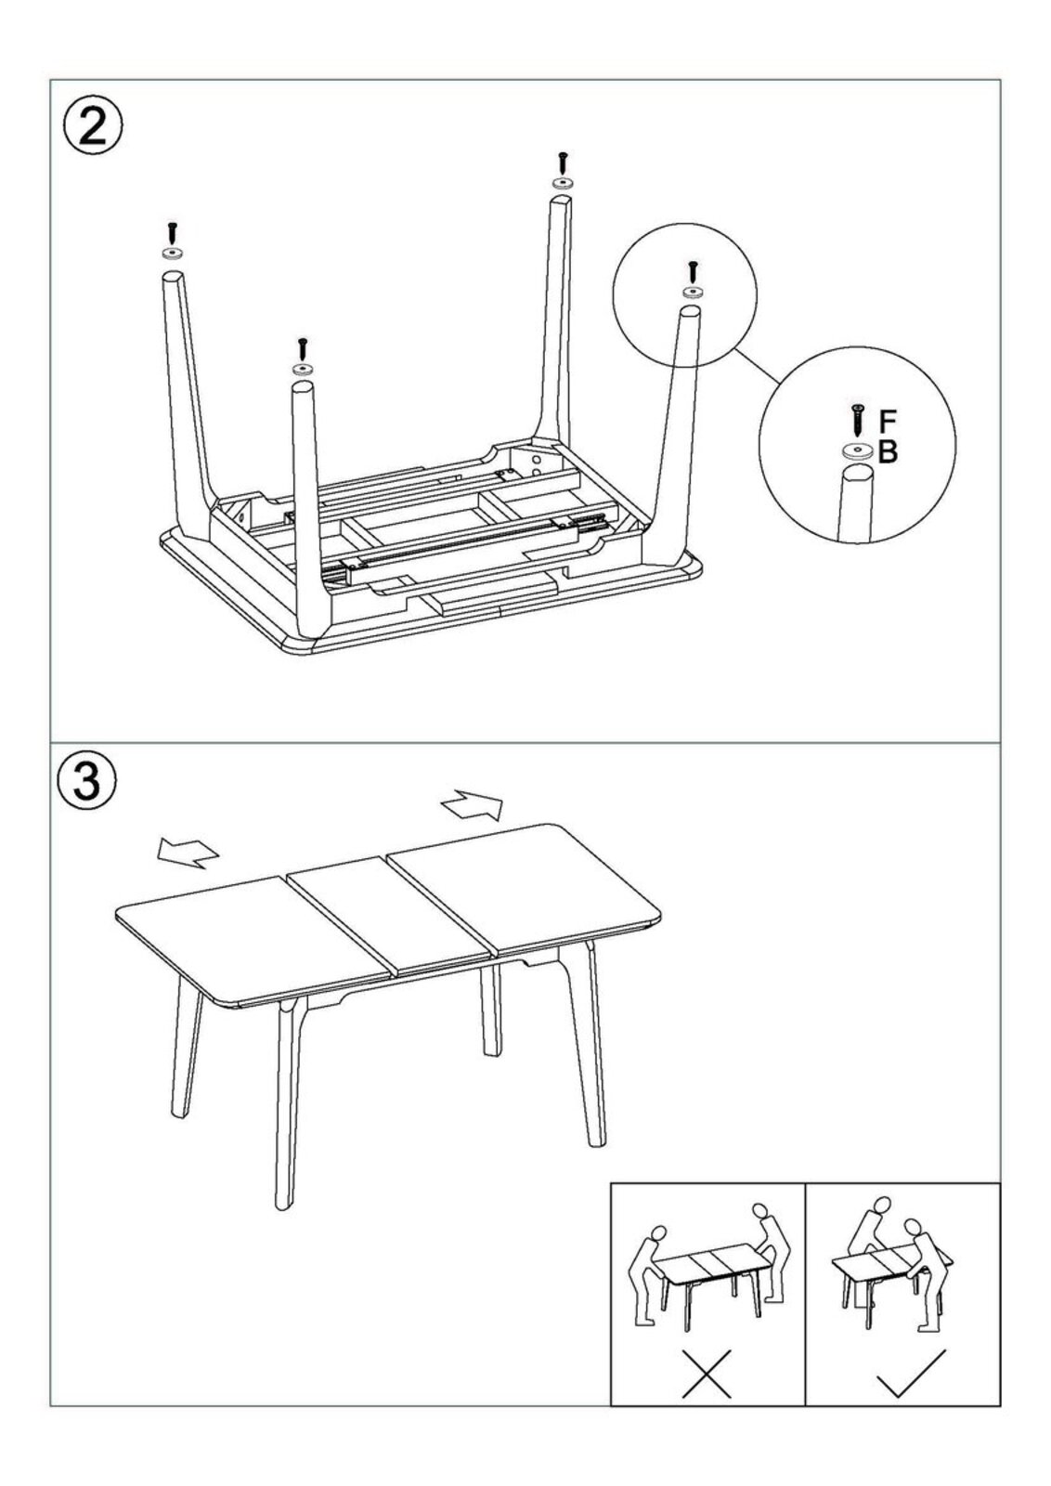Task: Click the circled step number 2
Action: (x=92, y=129)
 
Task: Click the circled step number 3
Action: (x=88, y=779)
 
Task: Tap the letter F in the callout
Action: (x=888, y=421)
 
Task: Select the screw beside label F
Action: (x=858, y=420)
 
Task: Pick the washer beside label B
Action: (x=857, y=451)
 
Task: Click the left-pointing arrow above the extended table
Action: (x=188, y=851)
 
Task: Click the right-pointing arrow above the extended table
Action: (x=473, y=805)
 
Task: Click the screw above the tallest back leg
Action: (x=563, y=163)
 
